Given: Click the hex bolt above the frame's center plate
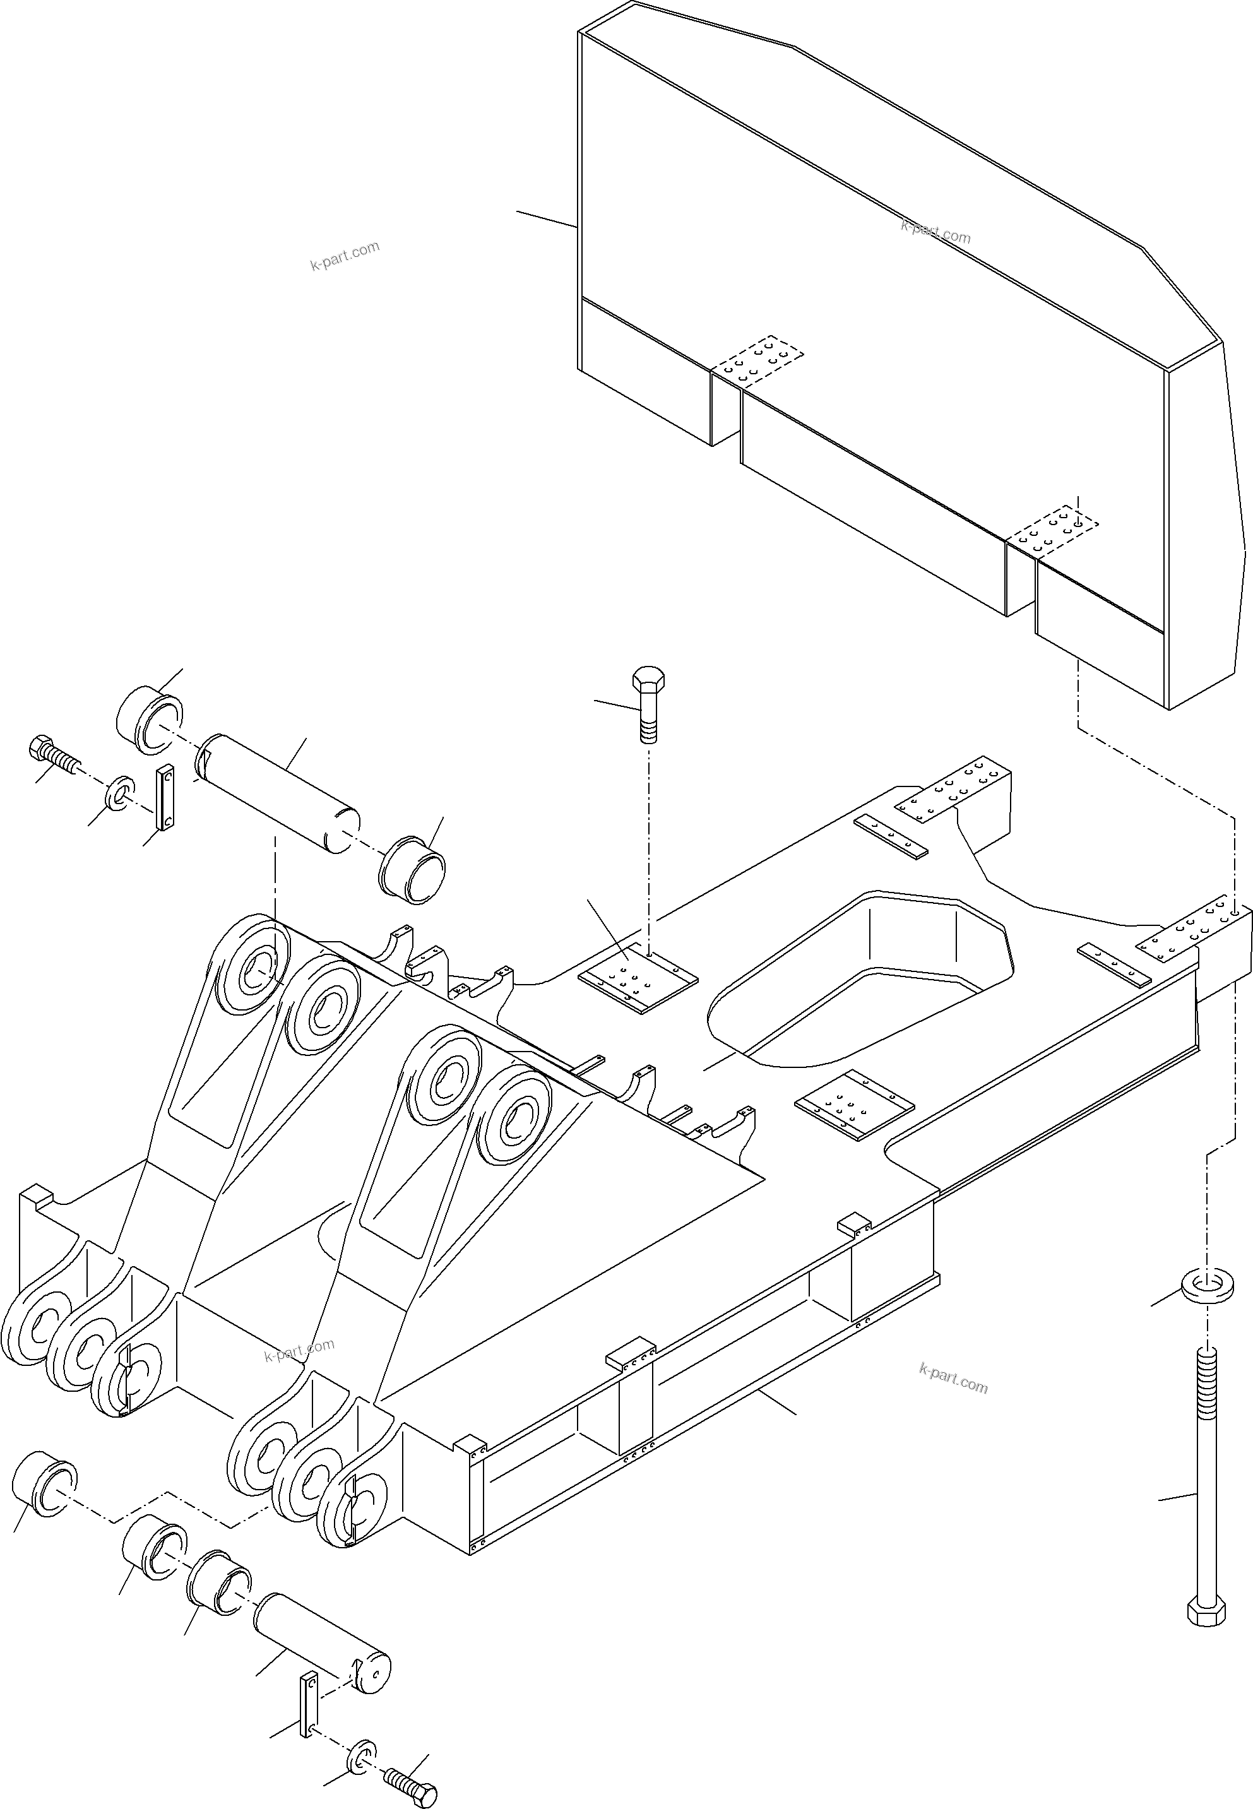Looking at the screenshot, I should pos(648,704).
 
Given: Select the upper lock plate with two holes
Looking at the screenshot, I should pos(165,797).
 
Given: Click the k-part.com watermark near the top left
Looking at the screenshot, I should pos(345,255).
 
